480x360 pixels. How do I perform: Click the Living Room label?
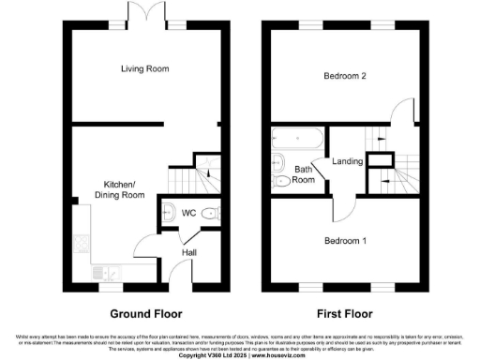(x=144, y=68)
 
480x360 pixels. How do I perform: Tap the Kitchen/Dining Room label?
(x=119, y=188)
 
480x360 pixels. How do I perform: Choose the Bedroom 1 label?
(x=345, y=241)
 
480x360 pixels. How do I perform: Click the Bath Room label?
(x=304, y=174)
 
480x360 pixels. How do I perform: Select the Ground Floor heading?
(x=146, y=313)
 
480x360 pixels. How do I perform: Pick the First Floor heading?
(x=345, y=313)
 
